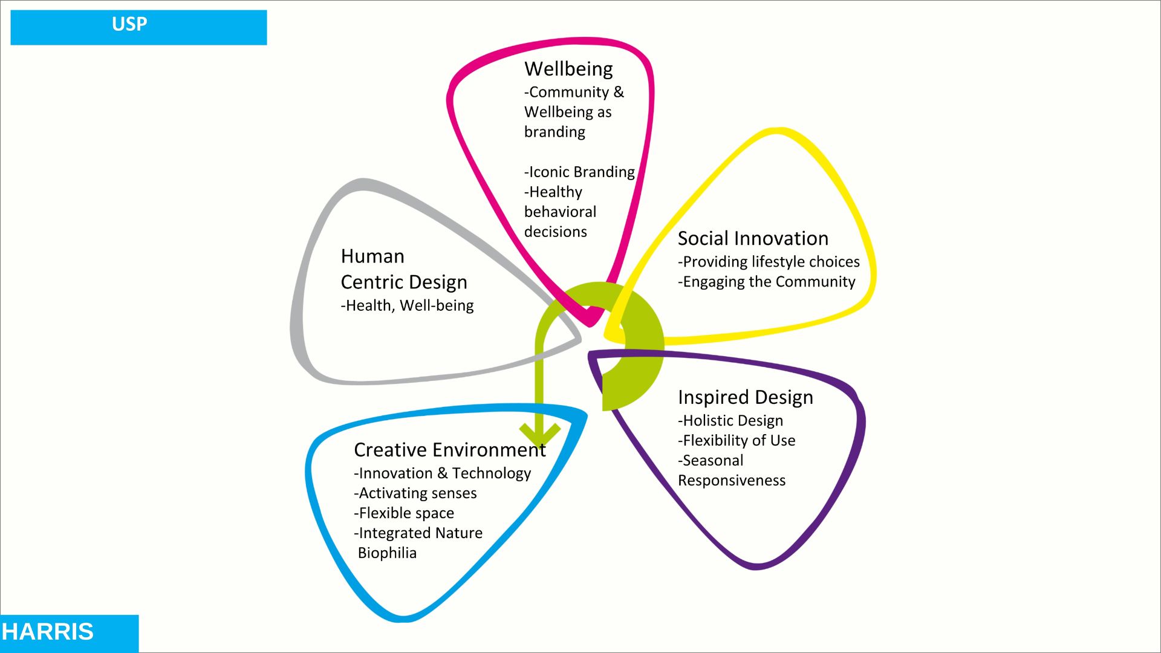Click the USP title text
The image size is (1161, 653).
point(129,24)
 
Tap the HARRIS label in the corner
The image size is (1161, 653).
point(48,632)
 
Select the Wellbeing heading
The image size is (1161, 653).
point(568,69)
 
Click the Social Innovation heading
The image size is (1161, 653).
point(753,238)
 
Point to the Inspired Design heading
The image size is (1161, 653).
point(745,397)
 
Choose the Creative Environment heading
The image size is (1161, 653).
point(449,450)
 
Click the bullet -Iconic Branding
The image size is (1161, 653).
point(579,172)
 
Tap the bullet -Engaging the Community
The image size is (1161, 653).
point(766,282)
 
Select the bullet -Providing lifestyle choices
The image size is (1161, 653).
point(769,262)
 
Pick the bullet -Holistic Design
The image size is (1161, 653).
point(730,421)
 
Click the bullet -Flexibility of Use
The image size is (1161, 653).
point(737,441)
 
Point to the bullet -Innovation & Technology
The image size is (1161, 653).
point(442,473)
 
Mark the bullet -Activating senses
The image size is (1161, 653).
point(415,493)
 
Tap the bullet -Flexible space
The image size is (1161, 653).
point(403,513)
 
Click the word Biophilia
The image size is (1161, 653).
point(387,553)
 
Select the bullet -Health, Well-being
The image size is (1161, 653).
point(407,306)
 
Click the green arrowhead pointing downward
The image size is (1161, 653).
point(540,434)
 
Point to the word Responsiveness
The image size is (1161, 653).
point(732,481)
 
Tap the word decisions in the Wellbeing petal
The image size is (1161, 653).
point(555,232)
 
